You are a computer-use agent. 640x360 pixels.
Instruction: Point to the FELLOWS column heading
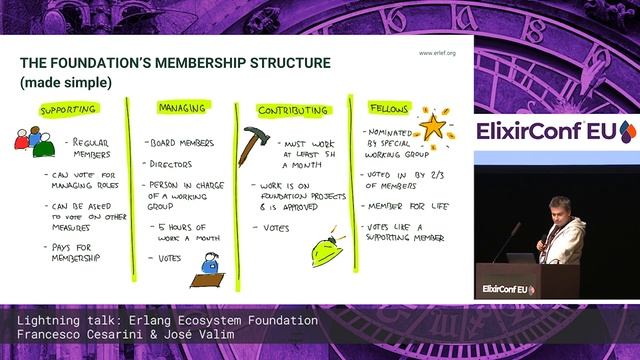tap(388, 107)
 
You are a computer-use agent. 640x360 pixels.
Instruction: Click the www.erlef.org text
tap(436, 52)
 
